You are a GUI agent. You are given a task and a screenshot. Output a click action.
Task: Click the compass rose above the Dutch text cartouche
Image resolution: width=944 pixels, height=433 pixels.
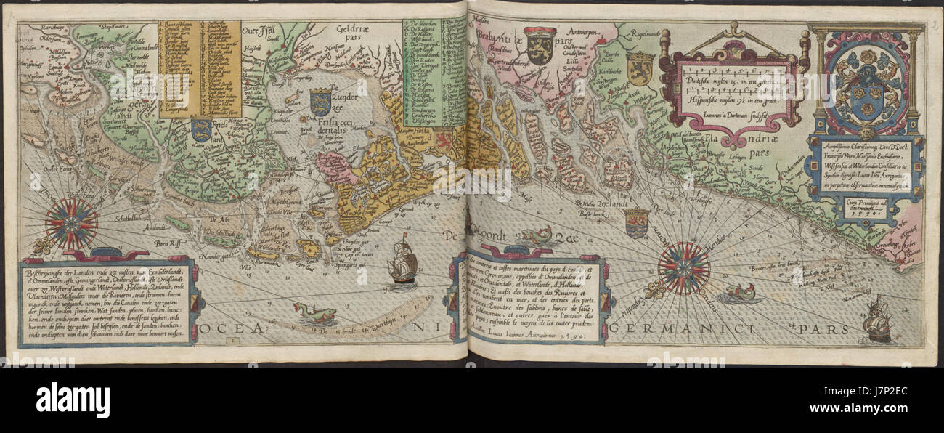(71, 224)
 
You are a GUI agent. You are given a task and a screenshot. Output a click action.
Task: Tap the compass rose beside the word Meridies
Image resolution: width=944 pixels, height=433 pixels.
(683, 268)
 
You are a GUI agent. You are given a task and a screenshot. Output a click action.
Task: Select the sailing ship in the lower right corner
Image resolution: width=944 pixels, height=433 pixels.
(878, 319)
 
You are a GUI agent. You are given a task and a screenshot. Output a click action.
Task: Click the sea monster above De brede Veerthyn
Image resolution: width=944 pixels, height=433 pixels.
(314, 314)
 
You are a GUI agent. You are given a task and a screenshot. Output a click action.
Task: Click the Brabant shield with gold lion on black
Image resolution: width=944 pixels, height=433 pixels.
(540, 45)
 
